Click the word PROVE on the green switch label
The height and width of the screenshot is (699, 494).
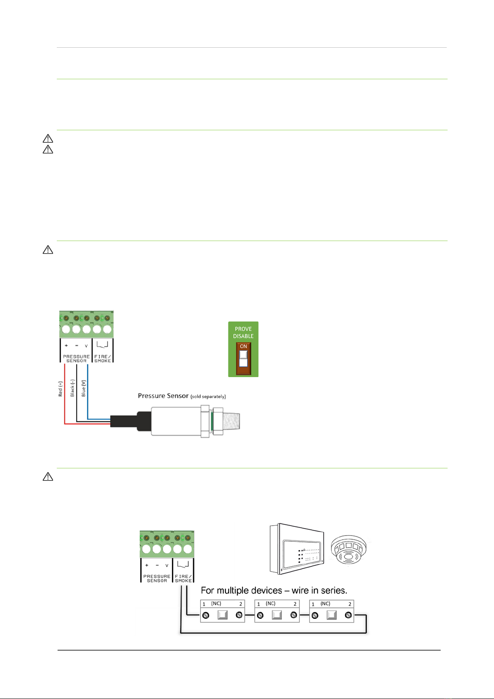243,329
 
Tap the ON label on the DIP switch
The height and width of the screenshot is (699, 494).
243,346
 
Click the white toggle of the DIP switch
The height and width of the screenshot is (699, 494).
243,355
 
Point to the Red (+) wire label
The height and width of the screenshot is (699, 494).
61,389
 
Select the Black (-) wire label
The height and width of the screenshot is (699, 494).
72,388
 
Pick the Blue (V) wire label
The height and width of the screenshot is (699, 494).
83,388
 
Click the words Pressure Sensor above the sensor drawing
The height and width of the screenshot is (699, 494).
163,396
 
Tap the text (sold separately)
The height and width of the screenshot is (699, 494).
208,397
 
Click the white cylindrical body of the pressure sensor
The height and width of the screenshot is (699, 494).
175,421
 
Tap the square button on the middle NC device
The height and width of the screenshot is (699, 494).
277,615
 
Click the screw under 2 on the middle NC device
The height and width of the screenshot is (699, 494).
294,615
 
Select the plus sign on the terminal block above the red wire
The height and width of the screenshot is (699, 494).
66,346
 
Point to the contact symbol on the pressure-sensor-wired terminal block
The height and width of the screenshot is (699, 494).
102,344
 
